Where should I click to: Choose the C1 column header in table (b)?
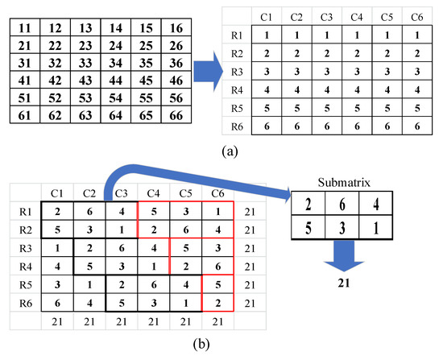(57, 193)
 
